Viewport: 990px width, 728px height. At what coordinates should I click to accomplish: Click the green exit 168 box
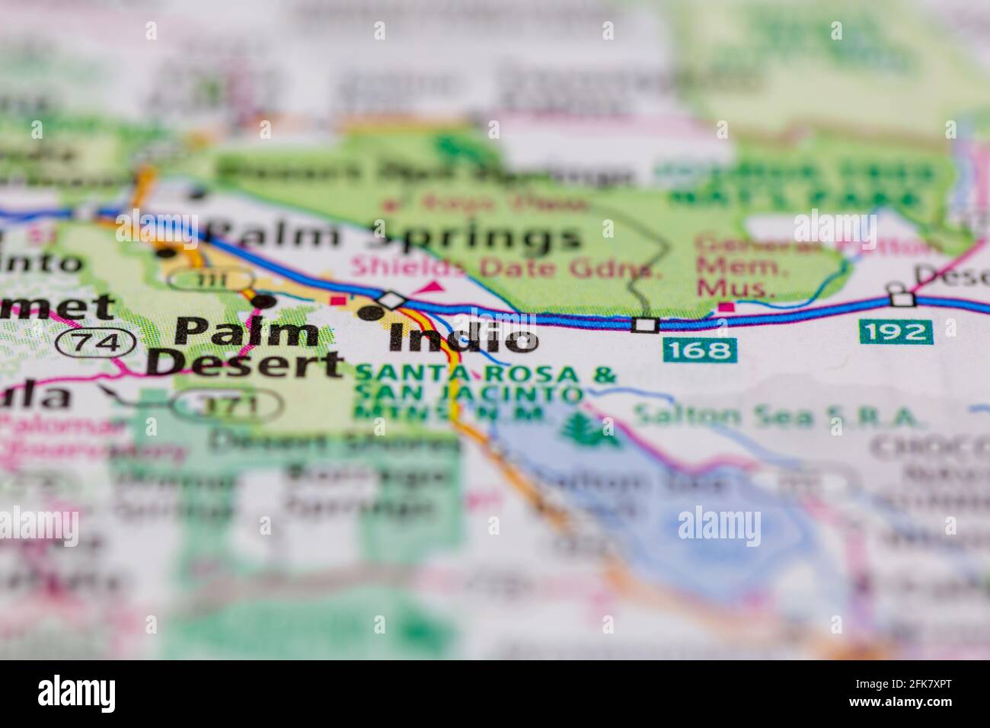699,350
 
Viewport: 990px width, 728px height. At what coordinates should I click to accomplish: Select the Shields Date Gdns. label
503,268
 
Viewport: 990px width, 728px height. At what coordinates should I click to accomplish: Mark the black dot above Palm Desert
263,302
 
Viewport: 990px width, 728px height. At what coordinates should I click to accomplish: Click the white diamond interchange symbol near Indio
391,300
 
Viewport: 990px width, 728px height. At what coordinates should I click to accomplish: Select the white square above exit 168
645,325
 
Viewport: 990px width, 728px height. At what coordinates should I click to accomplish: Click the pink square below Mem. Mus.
728,308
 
